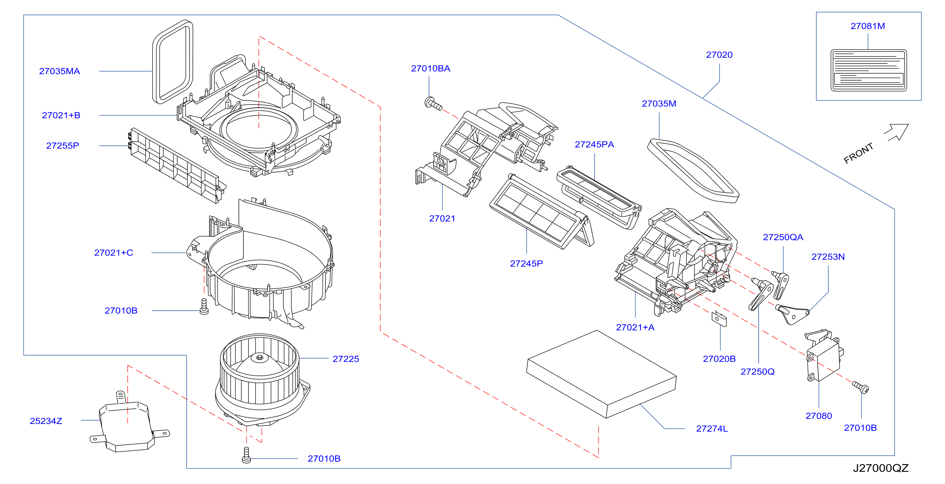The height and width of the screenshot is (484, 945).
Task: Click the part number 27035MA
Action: (x=59, y=71)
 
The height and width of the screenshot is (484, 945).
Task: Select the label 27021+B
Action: (x=61, y=115)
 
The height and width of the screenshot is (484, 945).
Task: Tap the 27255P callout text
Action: (x=63, y=146)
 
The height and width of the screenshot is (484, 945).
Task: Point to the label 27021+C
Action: (x=114, y=253)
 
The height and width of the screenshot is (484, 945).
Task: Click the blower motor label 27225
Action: (x=346, y=359)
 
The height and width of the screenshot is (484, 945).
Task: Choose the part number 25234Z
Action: (x=46, y=421)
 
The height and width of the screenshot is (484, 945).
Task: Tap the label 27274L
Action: (x=712, y=429)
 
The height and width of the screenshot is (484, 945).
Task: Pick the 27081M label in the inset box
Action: (x=867, y=26)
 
